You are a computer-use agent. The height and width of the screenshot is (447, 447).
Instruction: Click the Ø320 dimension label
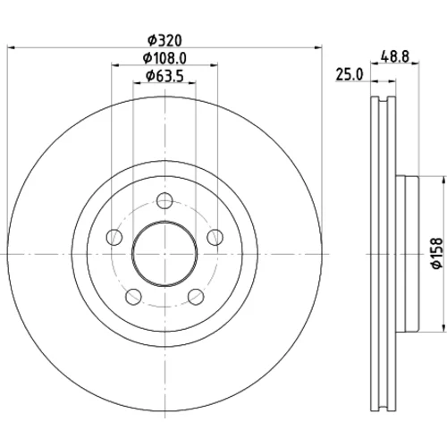164,41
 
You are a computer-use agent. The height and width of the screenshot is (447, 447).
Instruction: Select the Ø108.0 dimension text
164,58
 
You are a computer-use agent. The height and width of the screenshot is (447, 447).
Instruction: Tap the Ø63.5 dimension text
164,76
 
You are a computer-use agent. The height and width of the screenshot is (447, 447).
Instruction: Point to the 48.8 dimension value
395,56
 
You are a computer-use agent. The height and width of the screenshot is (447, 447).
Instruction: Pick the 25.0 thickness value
350,74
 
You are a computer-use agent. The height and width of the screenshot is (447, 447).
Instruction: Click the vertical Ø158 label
437,253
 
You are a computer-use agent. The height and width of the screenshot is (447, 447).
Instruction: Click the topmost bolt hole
164,200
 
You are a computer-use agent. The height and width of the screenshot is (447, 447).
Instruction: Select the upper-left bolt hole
114,237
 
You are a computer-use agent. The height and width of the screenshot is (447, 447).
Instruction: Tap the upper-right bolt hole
215,237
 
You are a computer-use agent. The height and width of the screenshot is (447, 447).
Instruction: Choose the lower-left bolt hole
133,297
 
